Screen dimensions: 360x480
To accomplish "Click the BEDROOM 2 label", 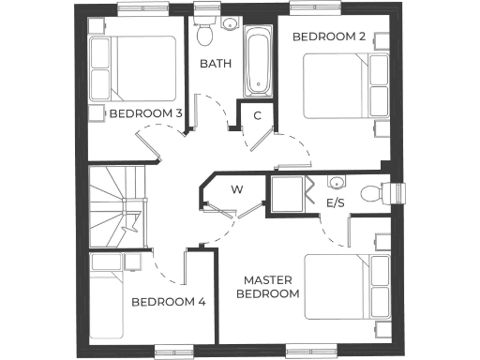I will pyautogui.click(x=328, y=37).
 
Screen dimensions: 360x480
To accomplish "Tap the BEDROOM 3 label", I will pyautogui.click(x=146, y=113).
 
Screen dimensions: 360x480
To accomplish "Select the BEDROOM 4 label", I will pyautogui.click(x=168, y=302).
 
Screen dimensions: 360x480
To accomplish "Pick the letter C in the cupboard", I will pyautogui.click(x=258, y=115).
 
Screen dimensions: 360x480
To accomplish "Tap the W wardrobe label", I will pyautogui.click(x=237, y=190).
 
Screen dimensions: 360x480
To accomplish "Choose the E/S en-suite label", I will pyautogui.click(x=335, y=202).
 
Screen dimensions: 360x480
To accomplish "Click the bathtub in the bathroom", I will pyautogui.click(x=257, y=62).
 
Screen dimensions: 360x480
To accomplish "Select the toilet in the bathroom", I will pyautogui.click(x=205, y=32).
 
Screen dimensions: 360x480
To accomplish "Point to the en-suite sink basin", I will pyautogui.click(x=336, y=181).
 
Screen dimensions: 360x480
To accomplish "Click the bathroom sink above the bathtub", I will pyautogui.click(x=230, y=23).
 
